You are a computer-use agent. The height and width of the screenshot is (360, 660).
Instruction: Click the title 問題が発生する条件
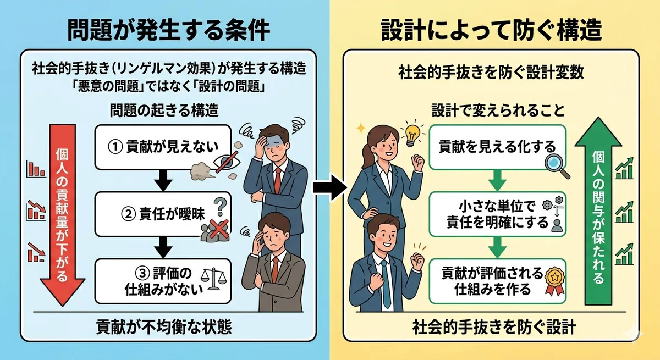coord(168,30)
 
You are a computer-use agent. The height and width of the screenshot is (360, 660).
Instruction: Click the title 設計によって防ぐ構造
coord(492,30)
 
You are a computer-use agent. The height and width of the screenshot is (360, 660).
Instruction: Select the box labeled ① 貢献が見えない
coord(163,147)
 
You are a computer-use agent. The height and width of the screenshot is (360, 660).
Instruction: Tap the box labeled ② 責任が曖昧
coord(163,214)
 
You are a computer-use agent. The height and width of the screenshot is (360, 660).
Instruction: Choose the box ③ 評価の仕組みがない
coord(163,281)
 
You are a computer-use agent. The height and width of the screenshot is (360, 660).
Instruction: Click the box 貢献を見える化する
coord(497,147)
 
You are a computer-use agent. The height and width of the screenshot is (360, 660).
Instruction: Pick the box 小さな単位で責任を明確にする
coord(497,214)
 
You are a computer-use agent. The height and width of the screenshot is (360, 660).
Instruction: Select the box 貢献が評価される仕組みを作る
coord(497,281)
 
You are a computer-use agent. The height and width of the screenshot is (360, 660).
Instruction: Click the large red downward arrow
coord(63,215)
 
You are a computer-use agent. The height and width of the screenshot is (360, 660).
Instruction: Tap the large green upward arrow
coord(598,211)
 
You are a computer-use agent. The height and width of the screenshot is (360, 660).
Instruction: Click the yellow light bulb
coord(412,134)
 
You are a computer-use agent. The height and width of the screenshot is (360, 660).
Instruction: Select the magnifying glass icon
coord(557,167)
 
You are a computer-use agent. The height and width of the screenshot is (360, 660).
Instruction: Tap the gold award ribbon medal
coord(554,281)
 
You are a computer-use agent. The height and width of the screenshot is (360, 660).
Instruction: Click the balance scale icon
coord(213,279)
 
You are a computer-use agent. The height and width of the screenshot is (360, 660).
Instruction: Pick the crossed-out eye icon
coord(227,162)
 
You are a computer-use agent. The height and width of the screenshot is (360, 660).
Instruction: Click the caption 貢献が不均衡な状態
coord(164,326)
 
